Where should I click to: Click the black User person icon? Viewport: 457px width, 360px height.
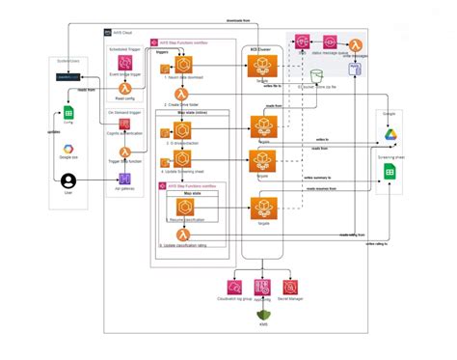(68, 180)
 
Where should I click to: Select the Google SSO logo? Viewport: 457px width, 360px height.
(68, 147)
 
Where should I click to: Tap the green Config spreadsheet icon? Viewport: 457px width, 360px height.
(68, 112)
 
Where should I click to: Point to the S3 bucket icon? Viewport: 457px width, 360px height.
(317, 77)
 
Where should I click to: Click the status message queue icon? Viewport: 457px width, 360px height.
(331, 43)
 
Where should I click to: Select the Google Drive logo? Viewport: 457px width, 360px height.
(390, 132)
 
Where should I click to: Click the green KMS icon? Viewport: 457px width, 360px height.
(260, 312)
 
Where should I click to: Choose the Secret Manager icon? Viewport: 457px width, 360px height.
(288, 287)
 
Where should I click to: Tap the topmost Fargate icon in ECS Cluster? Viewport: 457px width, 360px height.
(262, 65)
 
